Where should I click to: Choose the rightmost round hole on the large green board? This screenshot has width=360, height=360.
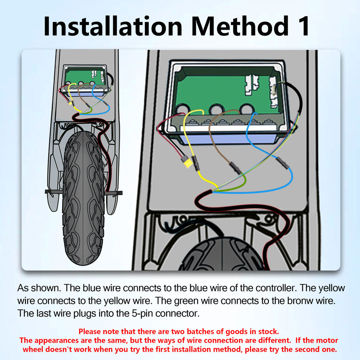click(246, 109)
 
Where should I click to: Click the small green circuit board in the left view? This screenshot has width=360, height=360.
click(85, 77)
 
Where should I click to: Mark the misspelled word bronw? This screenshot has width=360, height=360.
click(302, 301)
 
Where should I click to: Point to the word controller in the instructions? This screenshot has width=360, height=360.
click(275, 288)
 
